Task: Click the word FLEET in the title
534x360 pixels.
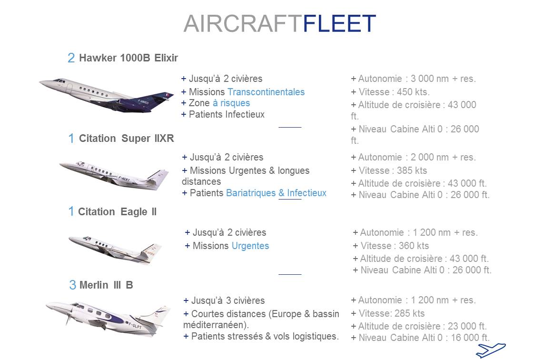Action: pyautogui.click(x=339, y=23)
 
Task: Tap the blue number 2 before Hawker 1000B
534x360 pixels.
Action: pyautogui.click(x=71, y=58)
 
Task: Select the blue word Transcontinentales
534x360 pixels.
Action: pyautogui.click(x=266, y=92)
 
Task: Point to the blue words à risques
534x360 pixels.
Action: pyautogui.click(x=231, y=103)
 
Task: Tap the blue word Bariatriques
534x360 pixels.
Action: pyautogui.click(x=251, y=193)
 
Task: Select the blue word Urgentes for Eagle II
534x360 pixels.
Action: pyautogui.click(x=250, y=246)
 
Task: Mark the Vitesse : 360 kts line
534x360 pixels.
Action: pyautogui.click(x=391, y=246)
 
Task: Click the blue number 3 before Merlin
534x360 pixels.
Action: pyautogui.click(x=72, y=285)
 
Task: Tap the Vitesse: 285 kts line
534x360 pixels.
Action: pyautogui.click(x=388, y=313)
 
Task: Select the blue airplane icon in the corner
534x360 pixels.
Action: pyautogui.click(x=490, y=350)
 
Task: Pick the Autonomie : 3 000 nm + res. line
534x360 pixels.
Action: pyautogui.click(x=414, y=79)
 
